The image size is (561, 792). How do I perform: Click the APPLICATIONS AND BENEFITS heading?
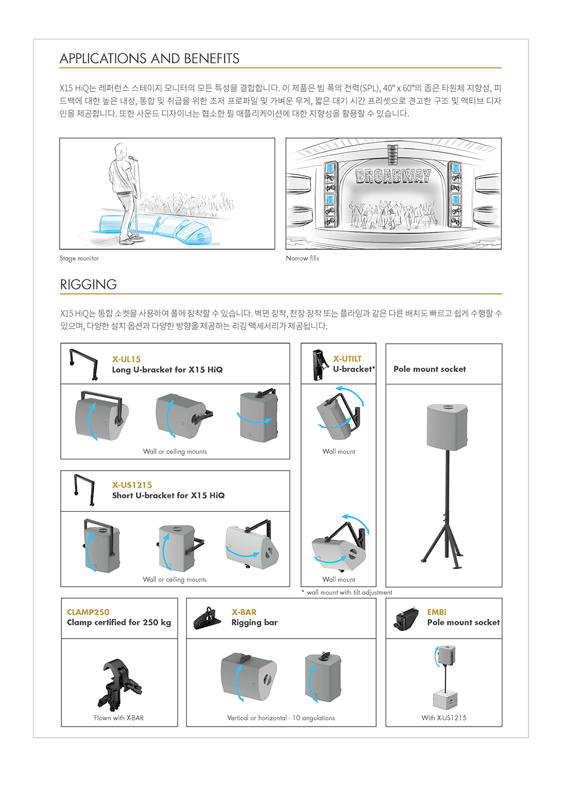click(x=149, y=58)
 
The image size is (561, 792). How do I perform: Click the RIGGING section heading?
click(x=88, y=284)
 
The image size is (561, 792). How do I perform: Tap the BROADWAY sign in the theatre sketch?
click(x=393, y=176)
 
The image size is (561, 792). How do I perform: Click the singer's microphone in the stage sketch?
click(x=131, y=157)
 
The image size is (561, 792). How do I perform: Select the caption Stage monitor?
click(x=79, y=258)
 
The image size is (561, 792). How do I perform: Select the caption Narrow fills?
click(x=302, y=258)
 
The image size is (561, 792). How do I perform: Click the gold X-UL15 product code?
click(x=126, y=359)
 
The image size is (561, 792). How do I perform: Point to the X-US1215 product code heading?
click(x=132, y=485)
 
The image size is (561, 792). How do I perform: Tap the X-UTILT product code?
click(x=347, y=359)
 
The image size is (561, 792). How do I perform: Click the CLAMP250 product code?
click(x=88, y=612)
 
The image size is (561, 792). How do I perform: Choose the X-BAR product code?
click(x=244, y=612)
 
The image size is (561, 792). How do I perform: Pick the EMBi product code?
click(x=436, y=612)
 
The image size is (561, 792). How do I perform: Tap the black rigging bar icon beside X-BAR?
click(x=207, y=618)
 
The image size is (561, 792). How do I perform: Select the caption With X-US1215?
click(x=443, y=718)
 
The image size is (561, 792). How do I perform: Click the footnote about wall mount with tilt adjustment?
click(x=347, y=593)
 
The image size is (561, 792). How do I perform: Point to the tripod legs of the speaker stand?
click(x=443, y=544)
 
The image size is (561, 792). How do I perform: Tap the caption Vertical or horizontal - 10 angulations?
click(x=280, y=718)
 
